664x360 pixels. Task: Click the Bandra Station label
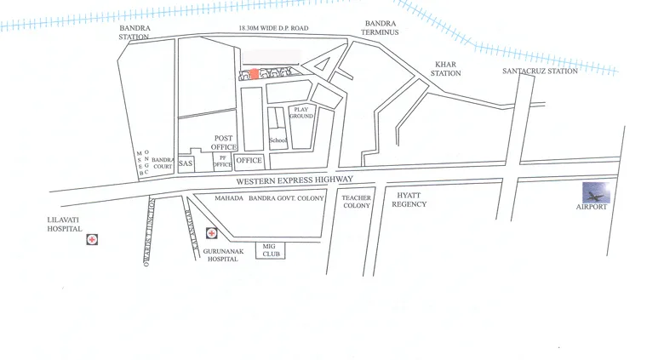point(134,32)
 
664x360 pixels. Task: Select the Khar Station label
point(446,69)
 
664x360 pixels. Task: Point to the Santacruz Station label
point(540,71)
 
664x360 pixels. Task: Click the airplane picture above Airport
point(596,191)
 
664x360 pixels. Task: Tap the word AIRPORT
point(592,207)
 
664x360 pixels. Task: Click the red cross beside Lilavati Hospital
point(91,240)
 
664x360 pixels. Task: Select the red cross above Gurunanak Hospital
point(211,232)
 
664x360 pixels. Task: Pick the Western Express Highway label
point(294,180)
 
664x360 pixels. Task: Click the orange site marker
point(254,74)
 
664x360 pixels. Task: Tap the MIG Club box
point(271,249)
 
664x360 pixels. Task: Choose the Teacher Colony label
point(356,201)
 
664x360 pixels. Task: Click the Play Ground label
point(301,112)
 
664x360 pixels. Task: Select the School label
point(278,140)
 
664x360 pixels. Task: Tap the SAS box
point(186,163)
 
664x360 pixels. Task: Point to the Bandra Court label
point(163,163)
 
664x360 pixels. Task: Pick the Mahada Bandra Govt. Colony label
point(269,198)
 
